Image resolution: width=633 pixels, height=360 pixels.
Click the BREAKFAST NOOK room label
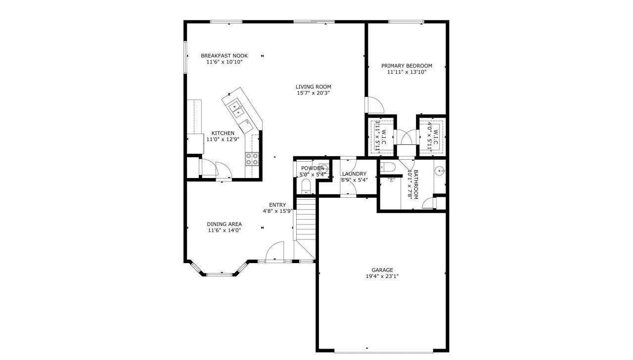pos(224,55)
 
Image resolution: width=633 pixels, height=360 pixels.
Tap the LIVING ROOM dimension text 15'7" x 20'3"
pos(314,93)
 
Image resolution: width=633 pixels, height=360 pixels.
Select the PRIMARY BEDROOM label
pos(407,66)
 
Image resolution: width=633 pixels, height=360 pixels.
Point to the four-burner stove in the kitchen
pos(252,159)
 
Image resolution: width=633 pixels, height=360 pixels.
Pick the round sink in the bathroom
pos(439,171)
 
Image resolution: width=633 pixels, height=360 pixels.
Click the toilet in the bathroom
pos(387,167)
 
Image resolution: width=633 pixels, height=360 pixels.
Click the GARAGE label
pos(382,270)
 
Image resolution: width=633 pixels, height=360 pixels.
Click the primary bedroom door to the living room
pos(374,105)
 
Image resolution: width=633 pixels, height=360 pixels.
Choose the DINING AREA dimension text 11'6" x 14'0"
pos(224,230)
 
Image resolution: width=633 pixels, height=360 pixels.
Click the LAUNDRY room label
pos(354,174)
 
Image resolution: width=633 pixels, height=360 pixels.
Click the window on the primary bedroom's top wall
pos(406,21)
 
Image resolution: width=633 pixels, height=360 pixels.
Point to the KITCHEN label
pos(223,133)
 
